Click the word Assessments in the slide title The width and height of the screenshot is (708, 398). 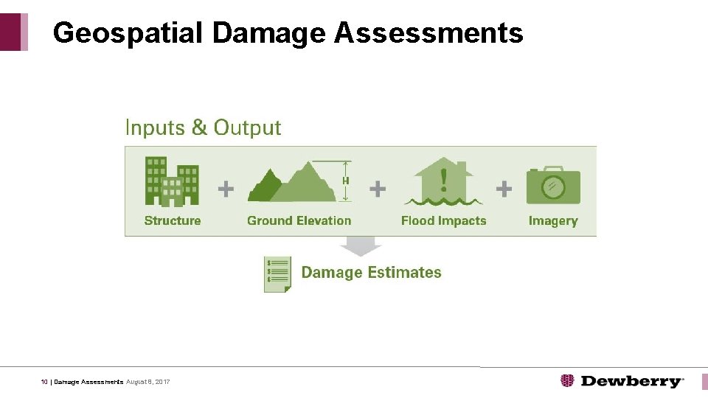pyautogui.click(x=428, y=33)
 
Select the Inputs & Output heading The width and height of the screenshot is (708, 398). pyautogui.click(x=203, y=128)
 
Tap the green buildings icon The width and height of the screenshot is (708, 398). pyautogui.click(x=173, y=181)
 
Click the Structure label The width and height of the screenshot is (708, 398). pyautogui.click(x=173, y=220)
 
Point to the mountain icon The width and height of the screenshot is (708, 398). pyautogui.click(x=291, y=184)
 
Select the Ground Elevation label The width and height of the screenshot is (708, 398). pyautogui.click(x=299, y=220)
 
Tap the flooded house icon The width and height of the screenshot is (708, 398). pyautogui.click(x=443, y=181)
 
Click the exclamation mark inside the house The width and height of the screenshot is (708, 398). pyautogui.click(x=444, y=178)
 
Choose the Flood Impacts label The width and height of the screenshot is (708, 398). pyautogui.click(x=443, y=220)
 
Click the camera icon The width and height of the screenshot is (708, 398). pyautogui.click(x=553, y=186)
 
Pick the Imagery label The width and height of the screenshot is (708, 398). pyautogui.click(x=553, y=220)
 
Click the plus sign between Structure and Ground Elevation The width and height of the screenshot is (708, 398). pyautogui.click(x=226, y=189)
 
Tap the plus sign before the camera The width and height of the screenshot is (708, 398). pyautogui.click(x=504, y=189)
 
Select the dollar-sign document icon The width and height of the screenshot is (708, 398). pyautogui.click(x=278, y=274)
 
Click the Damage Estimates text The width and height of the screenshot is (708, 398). pyautogui.click(x=371, y=273)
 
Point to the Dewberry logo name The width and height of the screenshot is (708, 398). pyautogui.click(x=631, y=381)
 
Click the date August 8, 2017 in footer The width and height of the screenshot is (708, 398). pyautogui.click(x=148, y=382)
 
